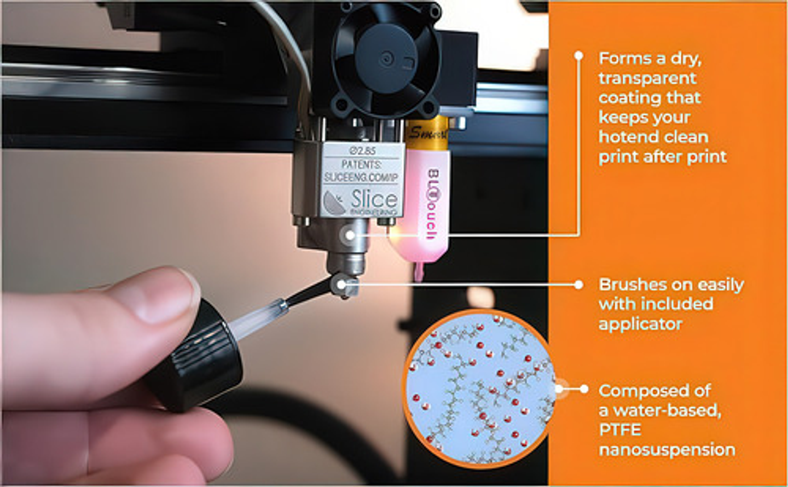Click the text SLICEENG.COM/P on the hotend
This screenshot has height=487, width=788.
[x=361, y=178]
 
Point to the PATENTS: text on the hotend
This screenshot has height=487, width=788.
[x=361, y=164]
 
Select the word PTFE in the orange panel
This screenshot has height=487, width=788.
[x=619, y=430]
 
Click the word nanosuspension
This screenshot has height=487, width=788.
[x=667, y=450]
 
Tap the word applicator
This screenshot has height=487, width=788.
[x=640, y=324]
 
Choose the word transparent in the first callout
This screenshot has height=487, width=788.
[x=647, y=78]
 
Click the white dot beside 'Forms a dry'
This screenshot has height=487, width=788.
[x=578, y=56]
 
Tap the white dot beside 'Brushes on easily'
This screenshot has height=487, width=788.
[x=578, y=285]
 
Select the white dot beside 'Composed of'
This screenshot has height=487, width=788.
[x=584, y=389]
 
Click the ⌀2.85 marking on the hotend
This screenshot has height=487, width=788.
[x=362, y=150]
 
